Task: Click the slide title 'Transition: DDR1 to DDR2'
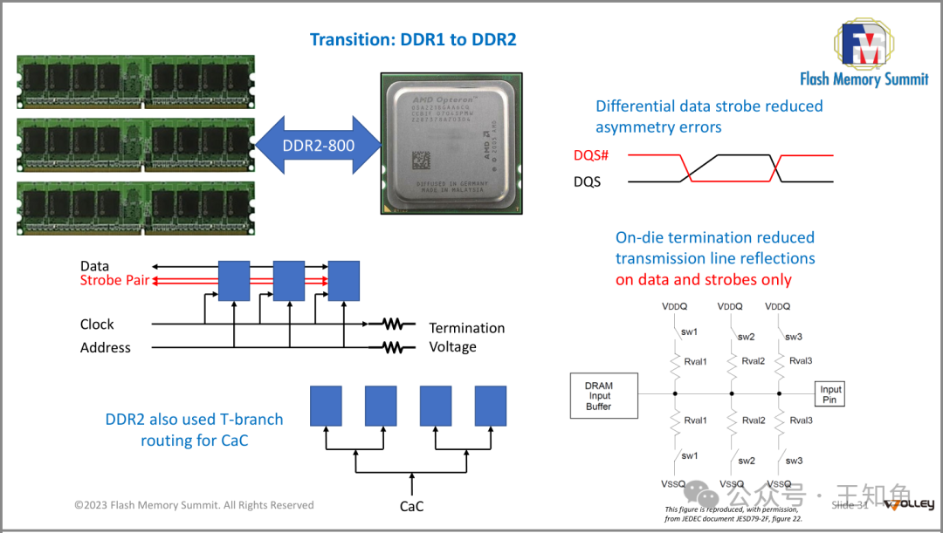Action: (x=413, y=40)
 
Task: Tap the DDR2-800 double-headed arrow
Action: (x=318, y=145)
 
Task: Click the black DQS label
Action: (x=588, y=182)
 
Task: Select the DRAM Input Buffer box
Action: (x=599, y=396)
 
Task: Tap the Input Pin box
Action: (x=829, y=394)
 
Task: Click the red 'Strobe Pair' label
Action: (x=114, y=281)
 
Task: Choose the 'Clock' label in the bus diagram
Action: (x=97, y=325)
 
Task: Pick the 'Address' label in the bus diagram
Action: (x=106, y=348)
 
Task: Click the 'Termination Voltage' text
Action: (x=466, y=338)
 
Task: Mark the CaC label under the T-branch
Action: (x=412, y=506)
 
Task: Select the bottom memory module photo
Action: (x=135, y=208)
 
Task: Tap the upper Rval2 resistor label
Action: (x=754, y=361)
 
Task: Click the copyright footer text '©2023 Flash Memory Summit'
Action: (x=194, y=505)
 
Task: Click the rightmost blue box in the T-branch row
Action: (x=491, y=406)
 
